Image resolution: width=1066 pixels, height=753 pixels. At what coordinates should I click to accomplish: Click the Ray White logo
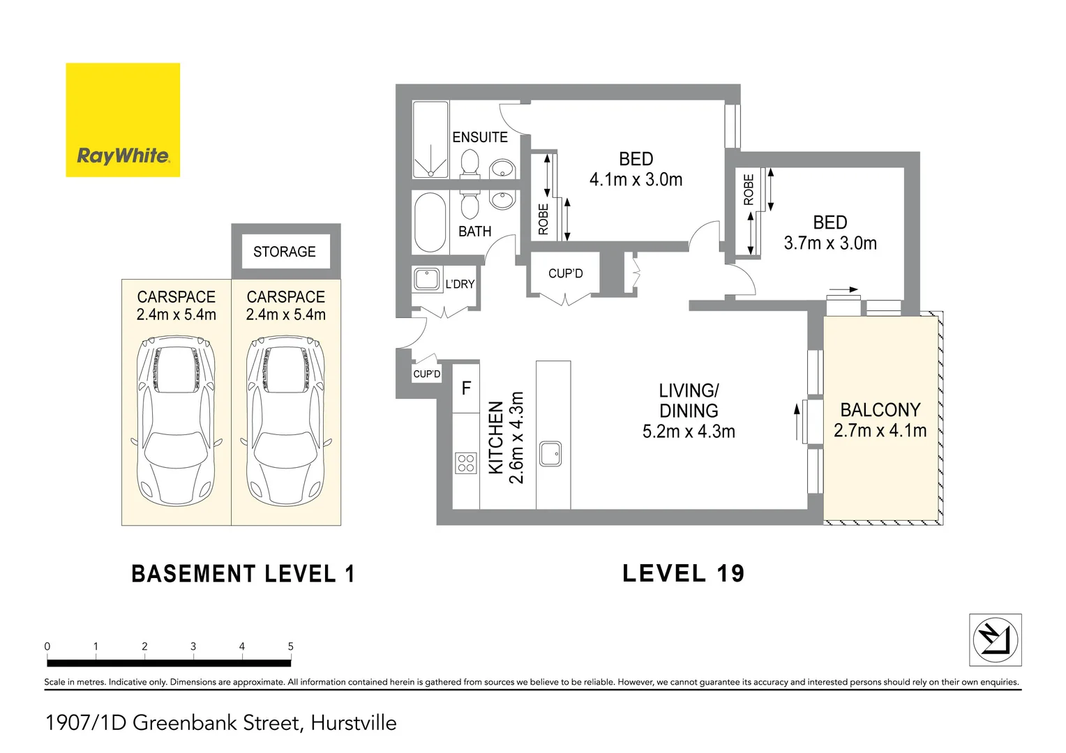[x=123, y=120]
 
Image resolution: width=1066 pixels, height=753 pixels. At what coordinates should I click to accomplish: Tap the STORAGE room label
[x=285, y=252]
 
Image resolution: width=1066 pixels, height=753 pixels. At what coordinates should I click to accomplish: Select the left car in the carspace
[x=177, y=421]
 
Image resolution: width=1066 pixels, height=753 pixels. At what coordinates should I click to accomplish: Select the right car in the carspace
[x=286, y=421]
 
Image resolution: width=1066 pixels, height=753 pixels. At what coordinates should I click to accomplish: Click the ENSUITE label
[x=480, y=137]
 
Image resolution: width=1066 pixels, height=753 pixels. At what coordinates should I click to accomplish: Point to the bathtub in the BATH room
[x=430, y=222]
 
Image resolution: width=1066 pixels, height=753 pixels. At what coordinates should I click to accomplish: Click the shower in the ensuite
[x=430, y=139]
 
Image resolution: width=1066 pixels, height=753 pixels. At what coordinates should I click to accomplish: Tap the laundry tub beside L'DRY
[x=426, y=280]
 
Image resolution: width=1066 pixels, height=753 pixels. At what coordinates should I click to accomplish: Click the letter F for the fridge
[x=466, y=388]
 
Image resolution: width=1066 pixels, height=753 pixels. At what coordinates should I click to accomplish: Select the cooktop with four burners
[x=466, y=463]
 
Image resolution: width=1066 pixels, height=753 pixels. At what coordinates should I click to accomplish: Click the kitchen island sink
[x=550, y=453]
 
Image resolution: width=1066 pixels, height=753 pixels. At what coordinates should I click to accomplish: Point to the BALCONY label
[x=880, y=410]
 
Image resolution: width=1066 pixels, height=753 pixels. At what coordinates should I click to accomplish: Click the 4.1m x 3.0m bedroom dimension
[x=636, y=180]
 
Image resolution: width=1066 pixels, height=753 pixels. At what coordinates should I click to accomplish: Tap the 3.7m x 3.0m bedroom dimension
[x=829, y=243]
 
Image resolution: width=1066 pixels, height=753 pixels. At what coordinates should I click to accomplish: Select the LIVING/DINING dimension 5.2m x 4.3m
[x=689, y=432]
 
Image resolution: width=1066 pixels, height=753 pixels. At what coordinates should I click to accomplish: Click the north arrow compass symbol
[x=996, y=640]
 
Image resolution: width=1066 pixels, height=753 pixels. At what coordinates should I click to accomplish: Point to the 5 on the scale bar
[x=291, y=646]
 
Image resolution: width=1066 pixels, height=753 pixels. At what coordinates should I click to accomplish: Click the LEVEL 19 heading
[x=683, y=574]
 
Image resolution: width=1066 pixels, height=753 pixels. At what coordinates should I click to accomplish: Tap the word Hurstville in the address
[x=354, y=723]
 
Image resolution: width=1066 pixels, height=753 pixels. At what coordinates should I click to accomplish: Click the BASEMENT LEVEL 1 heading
[x=243, y=575]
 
